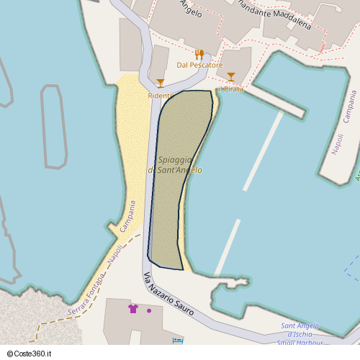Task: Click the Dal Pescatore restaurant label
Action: [x=199, y=65]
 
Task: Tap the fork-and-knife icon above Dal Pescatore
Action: [x=199, y=54]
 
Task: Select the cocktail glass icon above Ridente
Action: [x=161, y=84]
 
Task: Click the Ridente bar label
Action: [x=160, y=96]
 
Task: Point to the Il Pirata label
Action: [x=231, y=89]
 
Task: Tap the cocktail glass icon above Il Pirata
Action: [x=231, y=77]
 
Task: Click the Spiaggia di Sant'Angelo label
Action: [x=175, y=165]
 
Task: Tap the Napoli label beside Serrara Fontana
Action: [x=115, y=255]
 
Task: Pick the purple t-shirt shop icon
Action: [x=133, y=309]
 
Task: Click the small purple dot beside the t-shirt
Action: [x=149, y=311]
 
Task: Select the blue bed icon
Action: [x=177, y=340]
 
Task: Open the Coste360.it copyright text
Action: [x=34, y=354]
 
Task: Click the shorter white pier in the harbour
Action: [x=228, y=247]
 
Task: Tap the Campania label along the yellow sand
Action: [x=127, y=218]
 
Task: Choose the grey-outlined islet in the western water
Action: [x=54, y=127]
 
